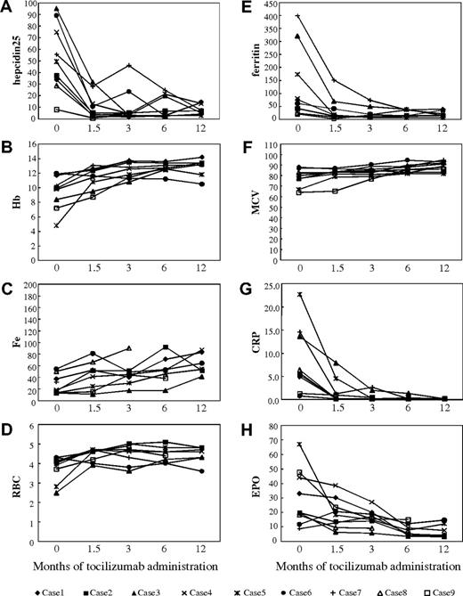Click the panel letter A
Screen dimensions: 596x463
point(7,7)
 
